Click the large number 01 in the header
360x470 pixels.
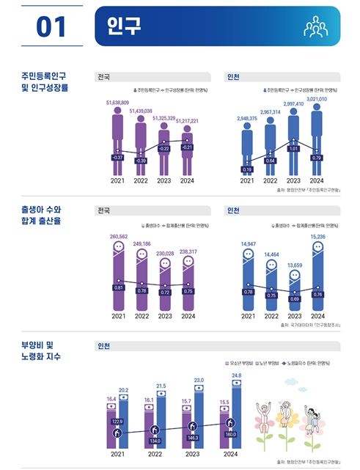click(x=51, y=26)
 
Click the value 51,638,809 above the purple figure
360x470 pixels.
click(x=117, y=103)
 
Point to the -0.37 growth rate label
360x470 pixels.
click(x=117, y=157)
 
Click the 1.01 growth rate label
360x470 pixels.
click(x=293, y=147)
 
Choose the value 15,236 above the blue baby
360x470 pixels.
click(x=317, y=236)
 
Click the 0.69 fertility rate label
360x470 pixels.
click(x=293, y=299)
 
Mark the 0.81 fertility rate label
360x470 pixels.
click(x=118, y=287)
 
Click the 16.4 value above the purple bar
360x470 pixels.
click(x=111, y=399)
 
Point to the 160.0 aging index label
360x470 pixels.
click(x=229, y=433)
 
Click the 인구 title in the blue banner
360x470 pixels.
click(x=123, y=26)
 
